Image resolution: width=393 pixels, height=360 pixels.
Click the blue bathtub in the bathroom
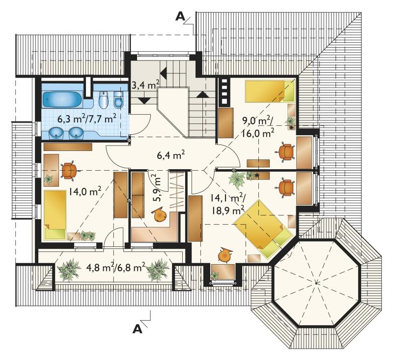(x=62, y=99)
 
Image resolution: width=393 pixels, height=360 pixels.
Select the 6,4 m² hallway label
(x=171, y=155)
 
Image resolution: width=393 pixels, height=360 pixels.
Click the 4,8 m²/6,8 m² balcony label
(x=115, y=267)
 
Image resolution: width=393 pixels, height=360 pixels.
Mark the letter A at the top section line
(x=180, y=16)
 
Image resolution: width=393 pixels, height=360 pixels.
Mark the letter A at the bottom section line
(x=138, y=329)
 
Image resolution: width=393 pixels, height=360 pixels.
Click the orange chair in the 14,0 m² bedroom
(x=69, y=170)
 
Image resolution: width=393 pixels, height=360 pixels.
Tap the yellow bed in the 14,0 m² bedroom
(x=55, y=215)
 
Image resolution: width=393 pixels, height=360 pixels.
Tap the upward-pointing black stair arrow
(x=203, y=94)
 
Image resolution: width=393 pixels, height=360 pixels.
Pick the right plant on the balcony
(x=158, y=270)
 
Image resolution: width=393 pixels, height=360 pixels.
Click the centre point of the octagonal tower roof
(x=316, y=283)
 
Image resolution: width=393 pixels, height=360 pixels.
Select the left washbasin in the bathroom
(x=56, y=133)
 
